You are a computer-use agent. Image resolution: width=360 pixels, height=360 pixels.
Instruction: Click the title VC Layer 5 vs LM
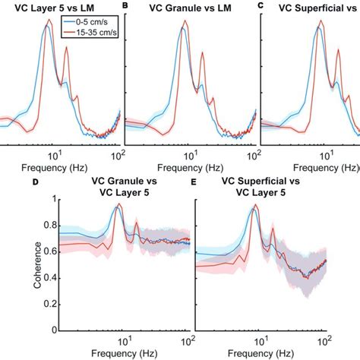pyautogui.click(x=54, y=8)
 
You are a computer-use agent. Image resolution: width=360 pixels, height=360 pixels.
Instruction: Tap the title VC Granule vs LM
pyautogui.click(x=191, y=8)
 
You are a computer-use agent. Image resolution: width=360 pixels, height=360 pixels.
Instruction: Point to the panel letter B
pyautogui.click(x=125, y=5)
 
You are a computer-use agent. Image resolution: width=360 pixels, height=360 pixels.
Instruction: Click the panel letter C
pyautogui.click(x=261, y=5)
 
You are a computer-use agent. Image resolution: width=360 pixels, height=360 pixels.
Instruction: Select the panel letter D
pyautogui.click(x=36, y=182)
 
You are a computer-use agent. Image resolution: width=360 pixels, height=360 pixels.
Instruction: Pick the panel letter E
pyautogui.click(x=194, y=182)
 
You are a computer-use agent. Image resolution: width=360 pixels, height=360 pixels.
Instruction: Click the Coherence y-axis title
pyautogui.click(x=37, y=265)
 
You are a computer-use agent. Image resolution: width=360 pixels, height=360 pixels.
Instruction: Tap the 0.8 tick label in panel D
pyautogui.click(x=50, y=226)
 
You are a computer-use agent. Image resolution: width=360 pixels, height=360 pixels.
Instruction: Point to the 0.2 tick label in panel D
pyautogui.click(x=50, y=304)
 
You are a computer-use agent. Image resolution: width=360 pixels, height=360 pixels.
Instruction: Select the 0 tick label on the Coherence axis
pyautogui.click(x=54, y=330)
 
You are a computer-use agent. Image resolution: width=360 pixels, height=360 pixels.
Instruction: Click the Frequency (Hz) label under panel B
pyautogui.click(x=190, y=168)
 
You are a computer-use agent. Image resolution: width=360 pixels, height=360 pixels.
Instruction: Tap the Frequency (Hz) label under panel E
pyautogui.click(x=261, y=353)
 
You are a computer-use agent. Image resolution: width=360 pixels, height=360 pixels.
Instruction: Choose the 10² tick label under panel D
pyautogui.click(x=187, y=342)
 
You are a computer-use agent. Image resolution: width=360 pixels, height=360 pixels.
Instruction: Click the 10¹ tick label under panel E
pyautogui.click(x=261, y=342)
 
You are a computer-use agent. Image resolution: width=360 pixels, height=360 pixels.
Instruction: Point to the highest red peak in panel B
pyautogui.click(x=185, y=21)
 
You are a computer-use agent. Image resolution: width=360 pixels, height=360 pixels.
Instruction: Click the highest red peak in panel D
pyautogui.click(x=119, y=204)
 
